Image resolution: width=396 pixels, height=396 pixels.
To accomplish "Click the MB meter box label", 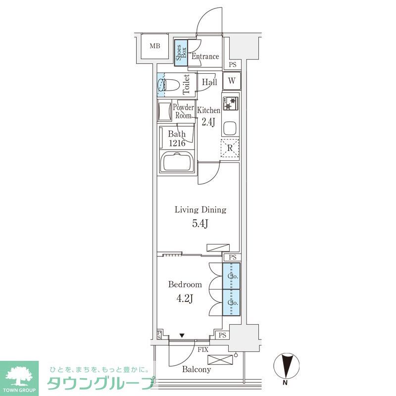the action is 155,46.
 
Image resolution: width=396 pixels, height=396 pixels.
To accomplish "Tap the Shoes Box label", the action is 181,53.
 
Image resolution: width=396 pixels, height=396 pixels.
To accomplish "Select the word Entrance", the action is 205,56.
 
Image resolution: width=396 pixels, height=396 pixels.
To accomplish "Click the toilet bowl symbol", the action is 168,85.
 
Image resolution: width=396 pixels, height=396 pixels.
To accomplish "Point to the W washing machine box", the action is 232,81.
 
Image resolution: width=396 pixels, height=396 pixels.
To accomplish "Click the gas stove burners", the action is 230,103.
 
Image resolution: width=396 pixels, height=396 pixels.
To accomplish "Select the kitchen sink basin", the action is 230,128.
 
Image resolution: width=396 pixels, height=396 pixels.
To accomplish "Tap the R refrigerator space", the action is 230,148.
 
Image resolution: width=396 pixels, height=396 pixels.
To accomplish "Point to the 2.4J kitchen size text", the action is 208,122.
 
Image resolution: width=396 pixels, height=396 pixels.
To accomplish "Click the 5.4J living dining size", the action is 200,224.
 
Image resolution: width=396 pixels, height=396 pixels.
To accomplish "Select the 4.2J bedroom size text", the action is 185,298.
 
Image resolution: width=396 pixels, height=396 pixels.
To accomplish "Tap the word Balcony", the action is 197,370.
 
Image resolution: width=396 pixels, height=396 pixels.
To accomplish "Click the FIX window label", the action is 203,350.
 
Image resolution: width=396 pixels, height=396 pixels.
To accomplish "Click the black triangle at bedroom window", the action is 182,336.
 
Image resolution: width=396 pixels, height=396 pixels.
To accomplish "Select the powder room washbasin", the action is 162,110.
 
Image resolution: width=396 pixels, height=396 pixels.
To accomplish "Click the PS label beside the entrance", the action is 233,65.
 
